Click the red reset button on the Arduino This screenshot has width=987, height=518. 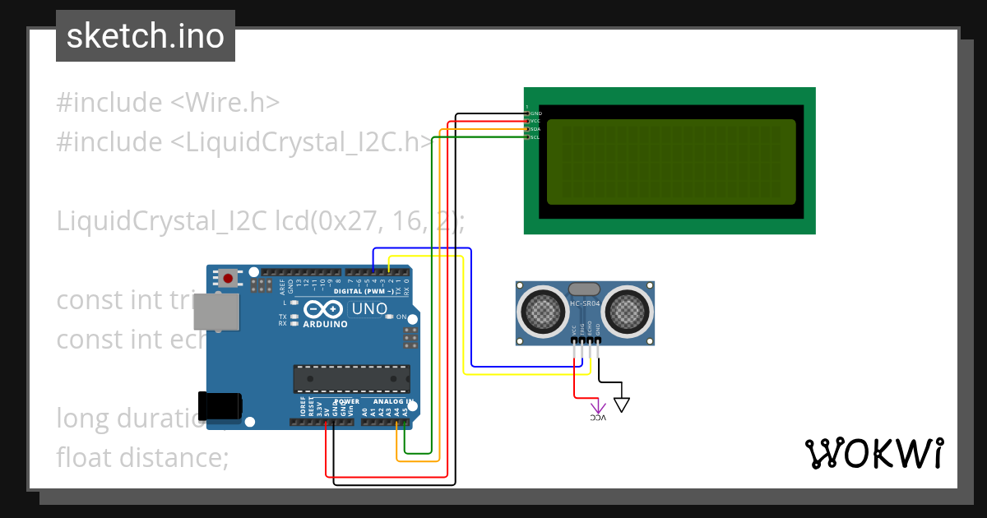coord(227,279)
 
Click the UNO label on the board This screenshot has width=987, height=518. coord(369,309)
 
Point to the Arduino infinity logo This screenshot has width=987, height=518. coord(324,309)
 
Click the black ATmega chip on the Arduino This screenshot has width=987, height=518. coord(351,378)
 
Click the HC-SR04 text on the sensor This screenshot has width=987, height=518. coord(585,305)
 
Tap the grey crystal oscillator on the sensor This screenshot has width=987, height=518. coord(585,289)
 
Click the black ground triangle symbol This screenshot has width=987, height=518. coord(622,404)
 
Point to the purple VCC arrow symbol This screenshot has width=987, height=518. coord(598,408)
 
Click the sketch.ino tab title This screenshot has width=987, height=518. coord(146,36)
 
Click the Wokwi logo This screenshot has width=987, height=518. coord(873,454)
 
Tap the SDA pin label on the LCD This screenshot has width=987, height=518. coord(535,129)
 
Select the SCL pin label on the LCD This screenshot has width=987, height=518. coord(535,137)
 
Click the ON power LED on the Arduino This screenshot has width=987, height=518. coord(390,317)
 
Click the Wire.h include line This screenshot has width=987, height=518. coord(168,103)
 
